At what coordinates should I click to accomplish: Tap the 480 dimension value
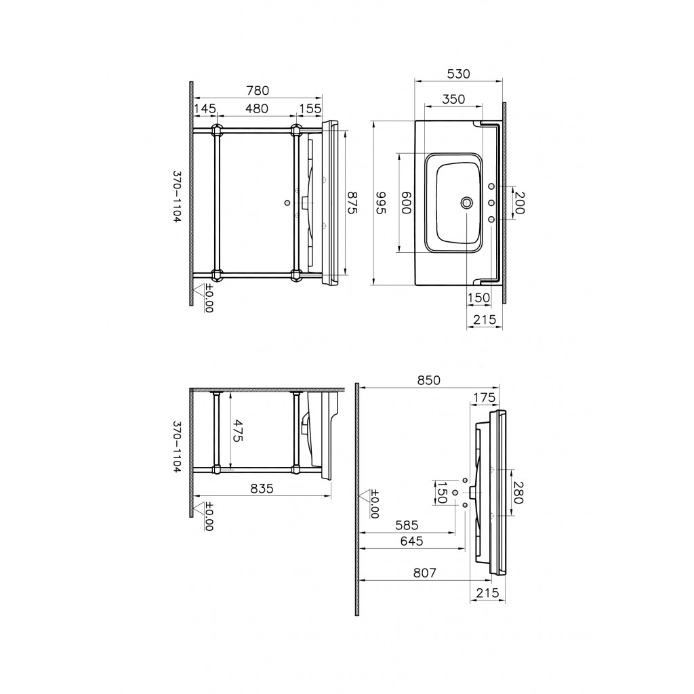257,108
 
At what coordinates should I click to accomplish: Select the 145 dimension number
205,108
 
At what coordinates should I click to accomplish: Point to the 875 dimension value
352,203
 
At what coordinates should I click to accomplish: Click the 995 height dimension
381,203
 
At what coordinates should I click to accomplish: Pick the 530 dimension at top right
458,74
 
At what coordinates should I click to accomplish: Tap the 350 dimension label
453,99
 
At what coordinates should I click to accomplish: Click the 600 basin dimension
406,203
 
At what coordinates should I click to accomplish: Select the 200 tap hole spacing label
518,203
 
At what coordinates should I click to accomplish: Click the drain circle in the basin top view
466,203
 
